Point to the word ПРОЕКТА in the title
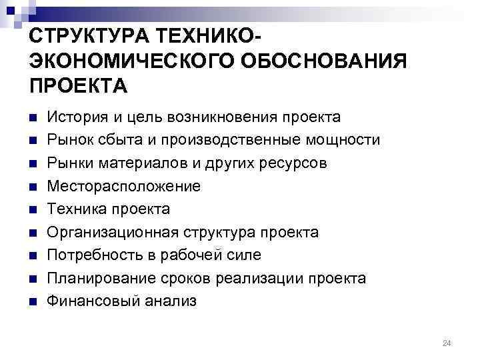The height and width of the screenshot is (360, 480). tap(77, 87)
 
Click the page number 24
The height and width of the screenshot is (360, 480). tap(447, 343)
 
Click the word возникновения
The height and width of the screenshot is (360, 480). tap(218, 117)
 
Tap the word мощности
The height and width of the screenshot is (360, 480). tap(345, 140)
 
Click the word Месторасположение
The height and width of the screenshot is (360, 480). tap(123, 186)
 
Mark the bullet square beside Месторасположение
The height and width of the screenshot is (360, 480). tap(31, 187)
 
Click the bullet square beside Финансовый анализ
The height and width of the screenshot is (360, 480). tap(31, 301)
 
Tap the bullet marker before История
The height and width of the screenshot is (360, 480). tap(31, 118)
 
